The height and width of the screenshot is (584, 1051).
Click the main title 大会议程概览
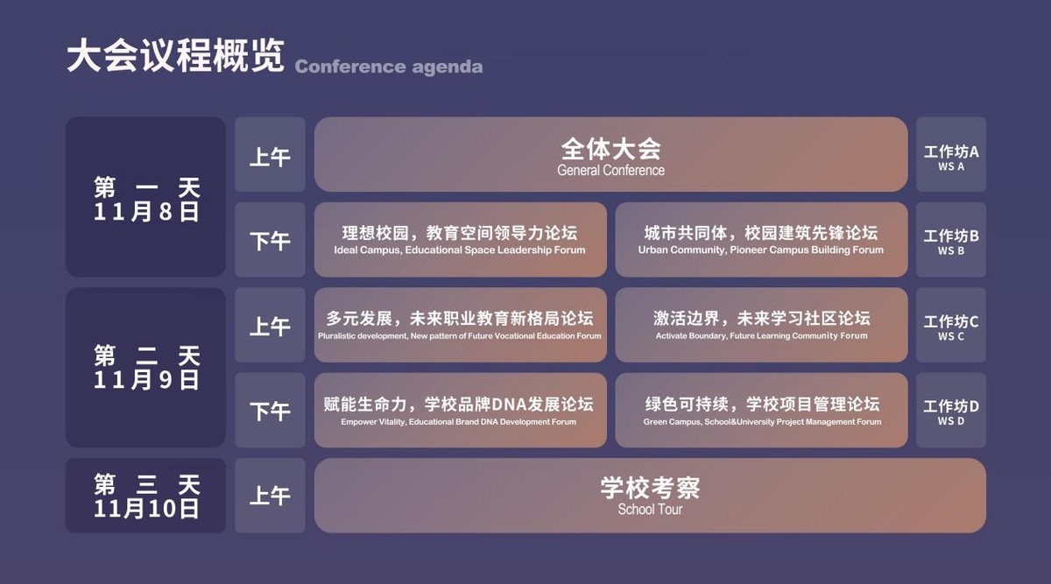point(175,55)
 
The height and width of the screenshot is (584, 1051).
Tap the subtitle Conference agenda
point(389,67)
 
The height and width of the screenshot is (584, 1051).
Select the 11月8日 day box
point(145,196)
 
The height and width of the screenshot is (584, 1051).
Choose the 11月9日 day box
point(145,367)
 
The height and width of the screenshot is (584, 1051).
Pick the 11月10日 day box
point(145,496)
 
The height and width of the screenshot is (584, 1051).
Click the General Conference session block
point(611,154)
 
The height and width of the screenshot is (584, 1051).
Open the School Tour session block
point(650,496)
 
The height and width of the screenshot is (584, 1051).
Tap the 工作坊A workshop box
point(951,154)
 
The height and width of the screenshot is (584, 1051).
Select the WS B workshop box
point(951,240)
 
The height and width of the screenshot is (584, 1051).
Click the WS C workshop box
point(951,325)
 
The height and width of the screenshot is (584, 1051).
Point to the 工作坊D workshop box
point(951,411)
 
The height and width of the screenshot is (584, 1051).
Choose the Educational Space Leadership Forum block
point(461,240)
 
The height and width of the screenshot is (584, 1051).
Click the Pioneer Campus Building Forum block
point(761,240)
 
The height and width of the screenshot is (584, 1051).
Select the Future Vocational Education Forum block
point(461,325)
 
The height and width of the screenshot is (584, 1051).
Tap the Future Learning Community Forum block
point(761,325)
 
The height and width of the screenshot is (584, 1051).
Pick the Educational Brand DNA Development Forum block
point(461,411)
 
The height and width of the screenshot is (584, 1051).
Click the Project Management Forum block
point(761,411)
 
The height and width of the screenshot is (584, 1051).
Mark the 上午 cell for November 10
point(271,496)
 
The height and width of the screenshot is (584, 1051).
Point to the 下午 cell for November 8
point(271,240)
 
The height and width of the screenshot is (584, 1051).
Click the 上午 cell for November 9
point(271,325)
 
